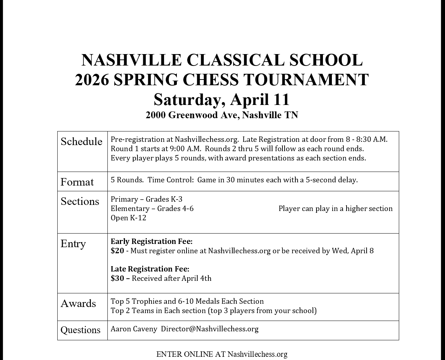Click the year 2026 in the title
pyautogui.click(x=92, y=80)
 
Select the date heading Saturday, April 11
pyautogui.click(x=222, y=100)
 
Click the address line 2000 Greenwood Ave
pyautogui.click(x=222, y=115)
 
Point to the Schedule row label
pyautogui.click(x=81, y=141)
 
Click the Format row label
pyautogui.click(x=77, y=182)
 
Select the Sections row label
pyautogui.click(x=80, y=201)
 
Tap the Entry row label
pyautogui.click(x=73, y=244)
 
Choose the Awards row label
pyautogui.click(x=78, y=303)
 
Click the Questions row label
pyautogui.click(x=81, y=330)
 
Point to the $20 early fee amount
pyautogui.click(x=117, y=251)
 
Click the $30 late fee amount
pyautogui.click(x=117, y=278)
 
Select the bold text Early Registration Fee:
pyautogui.click(x=151, y=241)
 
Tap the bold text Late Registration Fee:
pyautogui.click(x=150, y=269)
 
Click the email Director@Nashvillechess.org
pyautogui.click(x=209, y=329)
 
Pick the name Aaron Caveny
pyautogui.click(x=134, y=329)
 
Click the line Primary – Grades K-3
pyautogui.click(x=146, y=199)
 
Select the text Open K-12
pyautogui.click(x=129, y=218)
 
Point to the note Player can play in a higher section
pyautogui.click(x=335, y=208)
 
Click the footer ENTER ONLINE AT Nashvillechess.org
pyautogui.click(x=222, y=354)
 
